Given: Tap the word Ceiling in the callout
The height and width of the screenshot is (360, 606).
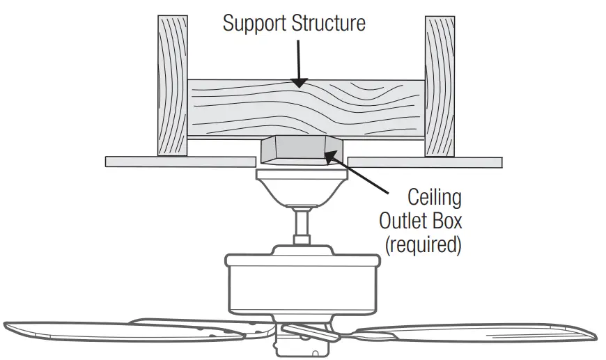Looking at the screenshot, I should pos(435,197).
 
